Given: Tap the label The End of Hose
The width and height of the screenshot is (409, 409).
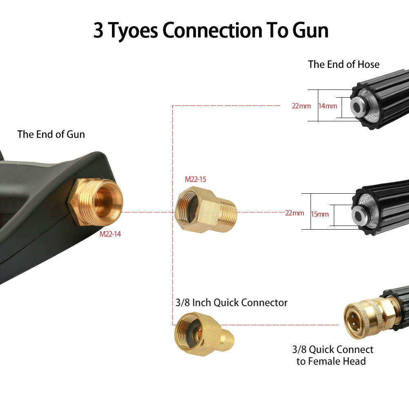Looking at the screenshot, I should tap(344, 65).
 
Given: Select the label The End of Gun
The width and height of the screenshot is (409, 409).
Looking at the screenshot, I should tap(51, 134).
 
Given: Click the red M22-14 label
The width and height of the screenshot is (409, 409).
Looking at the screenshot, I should tap(110, 235).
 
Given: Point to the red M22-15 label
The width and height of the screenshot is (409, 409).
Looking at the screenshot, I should tap(195, 179).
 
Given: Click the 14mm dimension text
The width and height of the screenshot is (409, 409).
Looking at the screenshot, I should tap(328, 106).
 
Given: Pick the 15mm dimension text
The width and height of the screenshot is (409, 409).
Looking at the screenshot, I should tap(320, 214).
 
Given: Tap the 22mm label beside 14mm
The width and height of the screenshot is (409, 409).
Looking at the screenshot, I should tap(301, 106).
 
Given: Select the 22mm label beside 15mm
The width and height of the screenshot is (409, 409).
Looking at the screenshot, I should tap(295, 213).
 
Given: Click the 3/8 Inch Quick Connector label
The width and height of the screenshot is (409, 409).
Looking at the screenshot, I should tap(231, 303).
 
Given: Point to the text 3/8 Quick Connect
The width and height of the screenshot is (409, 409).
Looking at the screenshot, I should tap(333, 350).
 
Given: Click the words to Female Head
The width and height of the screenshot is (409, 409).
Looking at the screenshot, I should tap(331, 361).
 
